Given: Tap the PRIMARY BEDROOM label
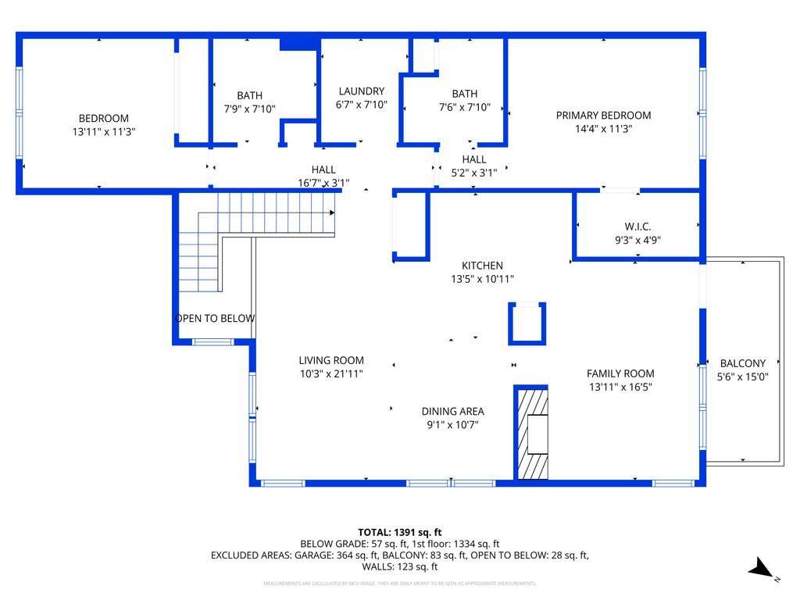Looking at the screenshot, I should (603, 115).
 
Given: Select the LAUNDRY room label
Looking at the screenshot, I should (361, 91).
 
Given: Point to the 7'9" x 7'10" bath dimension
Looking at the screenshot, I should (249, 109).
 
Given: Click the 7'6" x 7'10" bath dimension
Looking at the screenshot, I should (464, 107).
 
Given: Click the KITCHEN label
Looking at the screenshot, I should (482, 266).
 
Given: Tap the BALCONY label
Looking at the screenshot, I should (742, 363).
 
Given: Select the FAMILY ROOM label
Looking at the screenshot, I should (620, 373).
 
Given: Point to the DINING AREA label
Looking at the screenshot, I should (452, 411).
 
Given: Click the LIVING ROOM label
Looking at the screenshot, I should (331, 360).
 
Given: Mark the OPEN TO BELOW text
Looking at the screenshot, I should (215, 318).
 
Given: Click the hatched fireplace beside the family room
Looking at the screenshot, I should (531, 434).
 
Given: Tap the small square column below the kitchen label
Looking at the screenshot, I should (527, 323).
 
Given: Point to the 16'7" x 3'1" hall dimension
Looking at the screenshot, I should (323, 182).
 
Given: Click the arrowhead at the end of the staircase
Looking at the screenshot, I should (333, 212).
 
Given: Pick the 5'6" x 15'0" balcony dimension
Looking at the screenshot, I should (742, 376).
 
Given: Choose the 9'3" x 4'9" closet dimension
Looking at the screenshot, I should (638, 240).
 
